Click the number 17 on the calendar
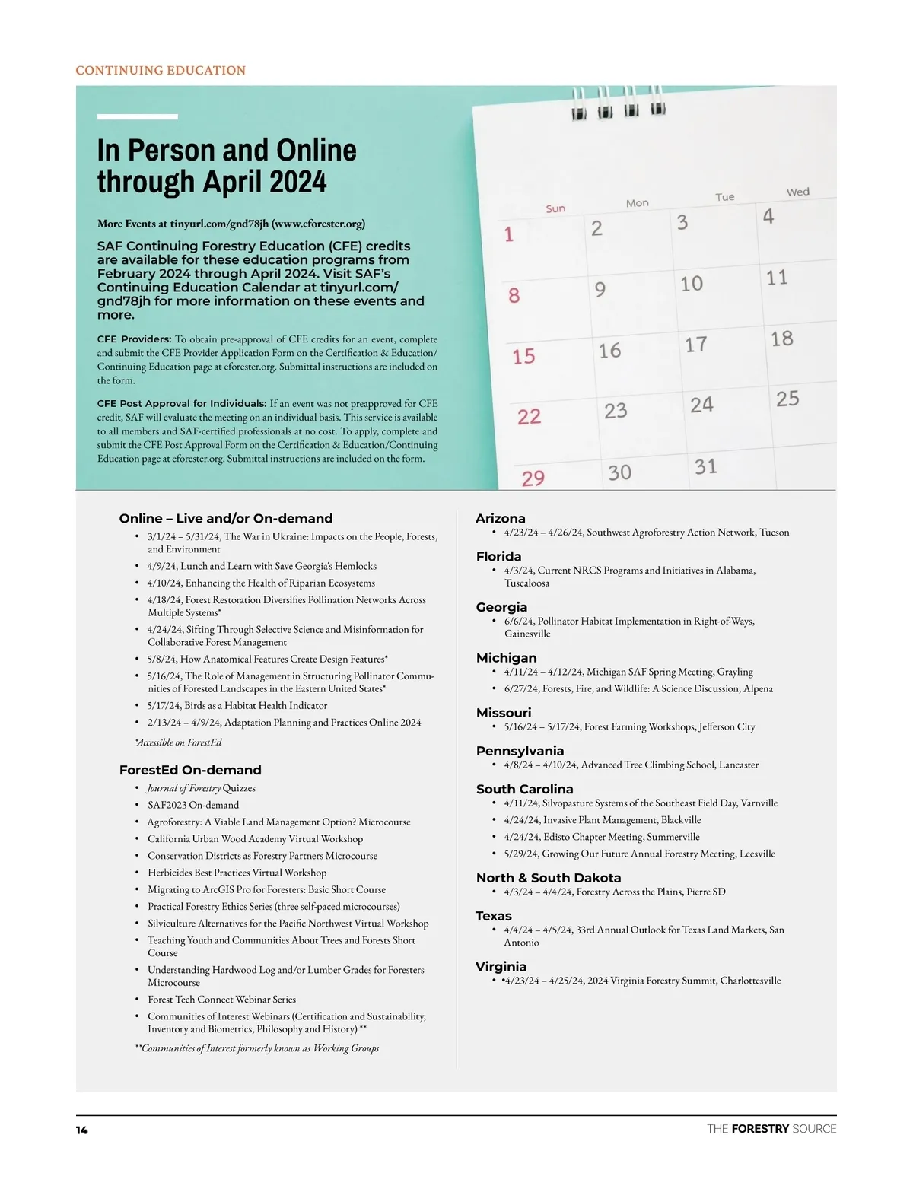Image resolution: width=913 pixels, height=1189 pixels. click(x=695, y=345)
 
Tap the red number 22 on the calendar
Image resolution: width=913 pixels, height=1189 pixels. click(x=529, y=417)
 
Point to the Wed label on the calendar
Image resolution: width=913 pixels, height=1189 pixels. click(x=797, y=192)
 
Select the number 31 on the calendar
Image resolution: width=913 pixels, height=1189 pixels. click(x=705, y=466)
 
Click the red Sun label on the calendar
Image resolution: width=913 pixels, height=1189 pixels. click(x=555, y=208)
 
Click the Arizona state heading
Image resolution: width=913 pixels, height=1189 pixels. click(x=500, y=518)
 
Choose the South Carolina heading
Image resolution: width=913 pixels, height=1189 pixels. click(x=524, y=789)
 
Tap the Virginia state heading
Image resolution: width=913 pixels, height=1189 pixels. click(x=501, y=966)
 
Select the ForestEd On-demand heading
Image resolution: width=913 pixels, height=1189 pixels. click(x=190, y=770)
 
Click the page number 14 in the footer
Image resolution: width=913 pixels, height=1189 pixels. click(x=81, y=1130)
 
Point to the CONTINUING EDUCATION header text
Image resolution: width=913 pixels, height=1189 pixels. click(x=161, y=71)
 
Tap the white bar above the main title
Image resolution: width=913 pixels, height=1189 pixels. click(x=137, y=116)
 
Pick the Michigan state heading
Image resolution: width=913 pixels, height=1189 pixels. click(x=506, y=657)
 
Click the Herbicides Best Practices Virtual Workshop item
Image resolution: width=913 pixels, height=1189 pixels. click(x=237, y=873)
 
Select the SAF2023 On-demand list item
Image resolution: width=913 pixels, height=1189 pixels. click(x=193, y=805)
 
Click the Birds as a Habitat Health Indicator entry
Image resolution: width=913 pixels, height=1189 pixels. click(x=237, y=705)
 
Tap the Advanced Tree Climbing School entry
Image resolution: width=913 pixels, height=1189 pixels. click(x=631, y=765)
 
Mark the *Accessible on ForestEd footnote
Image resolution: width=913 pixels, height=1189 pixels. click(x=179, y=742)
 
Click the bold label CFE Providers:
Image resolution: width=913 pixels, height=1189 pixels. click(x=134, y=339)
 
